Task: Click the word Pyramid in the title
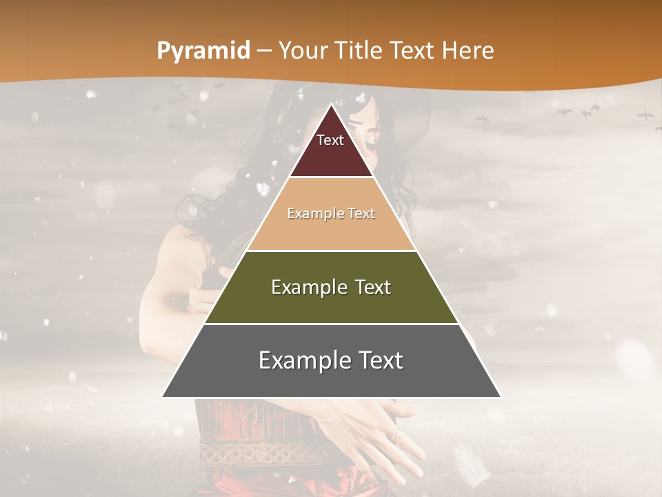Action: tap(203, 51)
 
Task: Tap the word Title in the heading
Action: tap(361, 51)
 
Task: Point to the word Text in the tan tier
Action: tap(362, 214)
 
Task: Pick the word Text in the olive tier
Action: tap(373, 287)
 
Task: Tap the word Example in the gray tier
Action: tap(301, 360)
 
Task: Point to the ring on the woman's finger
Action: tap(394, 434)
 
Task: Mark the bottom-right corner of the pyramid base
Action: tap(501, 397)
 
